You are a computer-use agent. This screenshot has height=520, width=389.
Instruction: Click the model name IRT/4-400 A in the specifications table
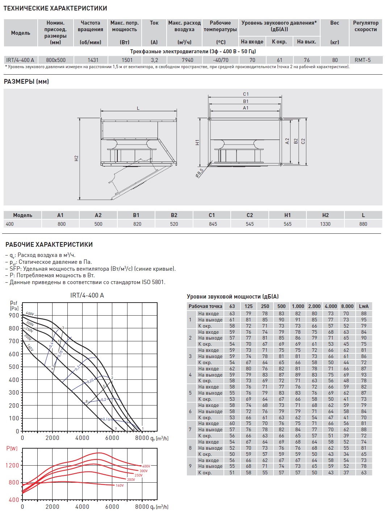[20, 60]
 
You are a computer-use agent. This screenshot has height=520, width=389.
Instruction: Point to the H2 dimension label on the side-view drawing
[76, 158]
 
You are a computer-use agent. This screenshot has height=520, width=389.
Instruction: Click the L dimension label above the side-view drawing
[138, 108]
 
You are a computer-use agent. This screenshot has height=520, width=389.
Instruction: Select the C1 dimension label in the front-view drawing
[246, 94]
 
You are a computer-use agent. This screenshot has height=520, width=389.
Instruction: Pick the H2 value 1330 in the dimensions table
[325, 224]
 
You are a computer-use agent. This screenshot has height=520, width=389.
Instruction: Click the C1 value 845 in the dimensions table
[213, 224]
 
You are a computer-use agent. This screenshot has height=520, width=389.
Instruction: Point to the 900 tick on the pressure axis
[14, 316]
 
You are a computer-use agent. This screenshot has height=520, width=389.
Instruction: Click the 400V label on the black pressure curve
[30, 314]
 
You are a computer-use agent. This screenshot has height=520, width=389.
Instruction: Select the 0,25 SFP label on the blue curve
[90, 381]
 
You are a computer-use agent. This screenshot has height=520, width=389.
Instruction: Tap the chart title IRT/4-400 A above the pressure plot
[87, 295]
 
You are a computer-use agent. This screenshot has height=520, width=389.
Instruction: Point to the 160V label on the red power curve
[120, 486]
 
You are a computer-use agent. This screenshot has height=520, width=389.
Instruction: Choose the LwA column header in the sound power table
[364, 306]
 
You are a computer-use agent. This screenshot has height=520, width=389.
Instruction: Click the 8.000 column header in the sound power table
[347, 306]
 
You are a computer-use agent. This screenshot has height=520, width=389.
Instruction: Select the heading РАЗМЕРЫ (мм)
[26, 82]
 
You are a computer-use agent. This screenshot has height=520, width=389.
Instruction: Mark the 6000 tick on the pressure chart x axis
[112, 438]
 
